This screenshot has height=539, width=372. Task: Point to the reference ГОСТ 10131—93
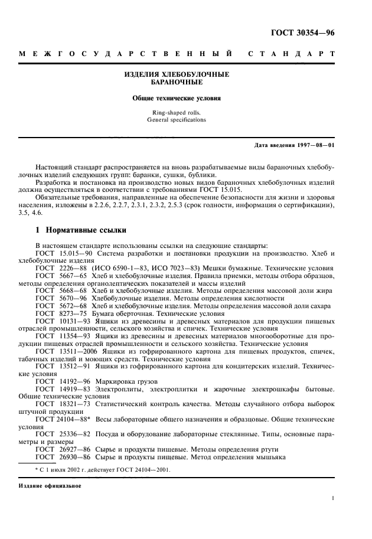(x=61, y=321)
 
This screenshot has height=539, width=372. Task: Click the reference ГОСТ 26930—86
(x=61, y=458)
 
